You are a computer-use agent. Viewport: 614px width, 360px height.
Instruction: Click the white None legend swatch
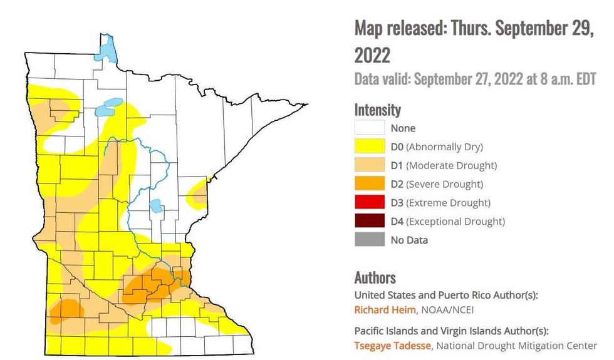point(369,128)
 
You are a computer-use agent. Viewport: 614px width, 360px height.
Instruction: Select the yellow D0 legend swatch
point(369,147)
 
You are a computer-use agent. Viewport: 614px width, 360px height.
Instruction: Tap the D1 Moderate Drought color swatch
point(369,166)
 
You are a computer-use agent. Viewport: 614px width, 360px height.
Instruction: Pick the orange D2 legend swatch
point(369,184)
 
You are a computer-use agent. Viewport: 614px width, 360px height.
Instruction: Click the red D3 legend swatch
point(369,203)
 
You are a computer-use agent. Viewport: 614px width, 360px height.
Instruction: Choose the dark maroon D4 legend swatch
point(369,221)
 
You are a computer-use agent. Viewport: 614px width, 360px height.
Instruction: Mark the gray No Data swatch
point(369,240)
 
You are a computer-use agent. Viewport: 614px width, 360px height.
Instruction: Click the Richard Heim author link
point(380,310)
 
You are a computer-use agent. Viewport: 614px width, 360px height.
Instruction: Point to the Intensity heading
point(377,110)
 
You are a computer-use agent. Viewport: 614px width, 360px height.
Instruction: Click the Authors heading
point(375,277)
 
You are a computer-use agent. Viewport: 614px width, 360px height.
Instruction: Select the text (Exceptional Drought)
point(455,221)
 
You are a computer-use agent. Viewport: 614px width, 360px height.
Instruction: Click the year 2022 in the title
point(372,55)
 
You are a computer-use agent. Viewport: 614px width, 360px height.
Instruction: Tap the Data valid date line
point(475,80)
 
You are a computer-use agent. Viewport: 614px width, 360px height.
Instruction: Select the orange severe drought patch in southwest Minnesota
point(65,311)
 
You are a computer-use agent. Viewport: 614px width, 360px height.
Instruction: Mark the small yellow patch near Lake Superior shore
point(199,192)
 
